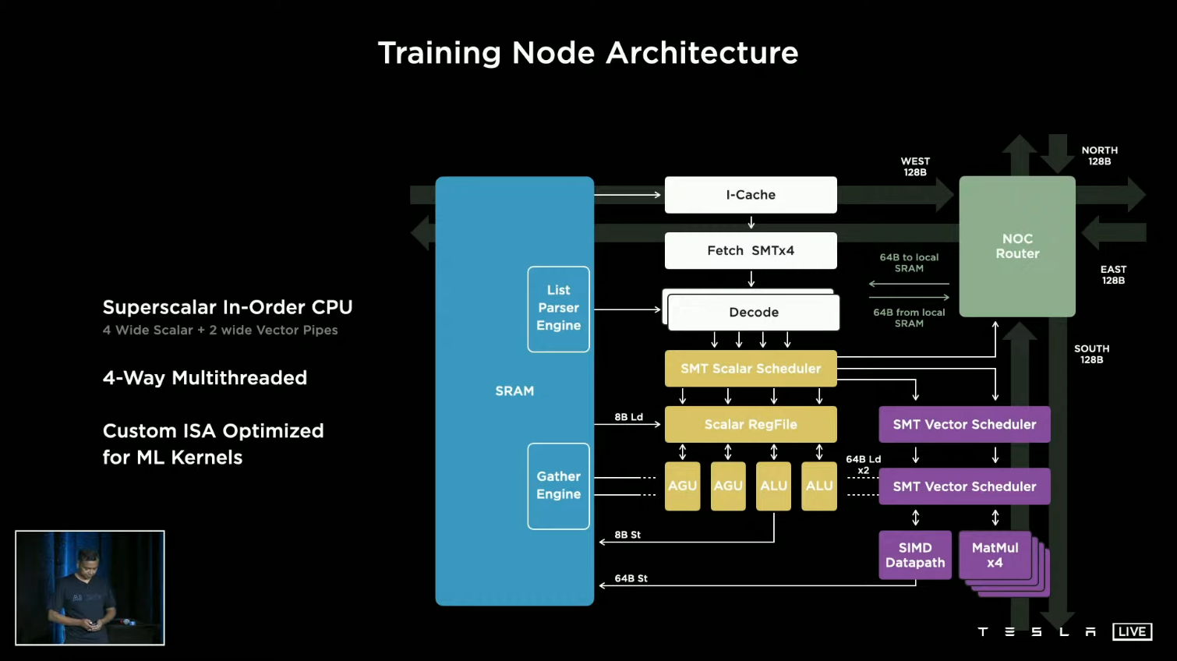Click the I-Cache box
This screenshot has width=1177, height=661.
click(751, 195)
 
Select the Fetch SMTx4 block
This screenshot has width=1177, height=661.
click(751, 250)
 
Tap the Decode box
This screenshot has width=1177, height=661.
click(753, 313)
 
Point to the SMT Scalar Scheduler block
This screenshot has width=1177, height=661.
click(751, 369)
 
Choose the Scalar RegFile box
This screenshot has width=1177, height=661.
click(751, 425)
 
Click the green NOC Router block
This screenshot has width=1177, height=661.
click(1017, 246)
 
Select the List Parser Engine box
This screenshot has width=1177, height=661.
click(558, 309)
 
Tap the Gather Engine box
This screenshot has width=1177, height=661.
click(558, 486)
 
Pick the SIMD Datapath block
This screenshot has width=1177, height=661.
click(915, 555)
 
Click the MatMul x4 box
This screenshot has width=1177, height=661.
click(995, 555)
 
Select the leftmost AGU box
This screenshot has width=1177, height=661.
click(682, 486)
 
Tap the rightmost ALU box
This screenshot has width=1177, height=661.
click(819, 486)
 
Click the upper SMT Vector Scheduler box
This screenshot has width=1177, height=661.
click(964, 425)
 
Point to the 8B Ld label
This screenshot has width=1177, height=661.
click(628, 417)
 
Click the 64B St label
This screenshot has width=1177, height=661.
click(631, 578)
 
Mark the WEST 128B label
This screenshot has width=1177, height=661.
click(915, 167)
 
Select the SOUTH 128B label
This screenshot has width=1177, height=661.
click(1091, 354)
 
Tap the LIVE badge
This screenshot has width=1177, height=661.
click(1132, 631)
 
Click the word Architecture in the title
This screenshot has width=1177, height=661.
click(702, 53)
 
